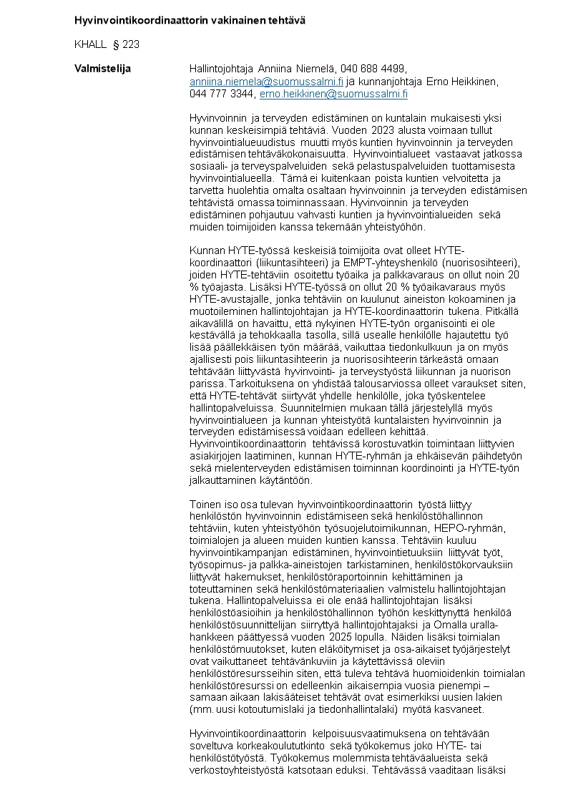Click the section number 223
tap(131, 44)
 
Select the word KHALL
tap(90, 44)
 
